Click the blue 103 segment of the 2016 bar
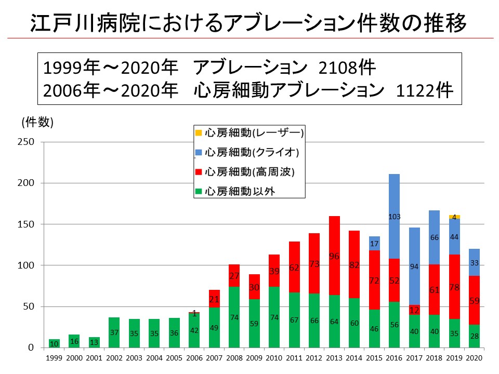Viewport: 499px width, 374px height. [x=394, y=216]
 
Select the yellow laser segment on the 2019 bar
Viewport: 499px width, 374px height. [x=454, y=217]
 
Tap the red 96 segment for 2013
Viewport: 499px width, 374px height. [x=334, y=256]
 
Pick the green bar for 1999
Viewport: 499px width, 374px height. [x=55, y=343]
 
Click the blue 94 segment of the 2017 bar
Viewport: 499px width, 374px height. [x=414, y=266]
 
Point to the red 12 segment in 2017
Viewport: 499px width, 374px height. [x=414, y=310]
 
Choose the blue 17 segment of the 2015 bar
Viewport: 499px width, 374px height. [x=374, y=243]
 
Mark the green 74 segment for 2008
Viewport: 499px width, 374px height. [x=234, y=317]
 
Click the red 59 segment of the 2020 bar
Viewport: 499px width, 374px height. [x=474, y=300]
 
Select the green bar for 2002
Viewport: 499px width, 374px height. [x=114, y=332]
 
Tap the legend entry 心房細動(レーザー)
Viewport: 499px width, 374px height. [x=249, y=133]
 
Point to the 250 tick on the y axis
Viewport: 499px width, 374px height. [x=27, y=142]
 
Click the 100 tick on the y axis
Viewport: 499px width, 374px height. [x=27, y=265]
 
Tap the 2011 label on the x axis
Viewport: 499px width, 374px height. [x=294, y=358]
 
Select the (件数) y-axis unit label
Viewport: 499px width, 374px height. [x=37, y=122]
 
